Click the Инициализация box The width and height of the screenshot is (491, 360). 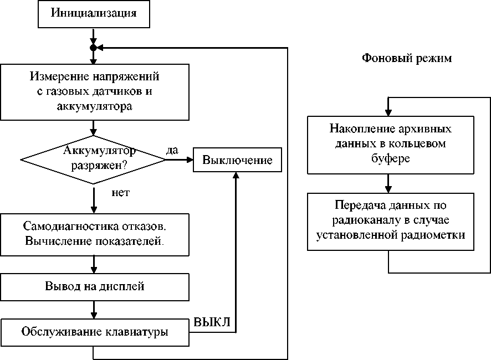click(94, 13)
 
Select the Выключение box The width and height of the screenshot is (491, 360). click(237, 160)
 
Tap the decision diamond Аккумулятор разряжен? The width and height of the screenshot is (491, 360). click(93, 160)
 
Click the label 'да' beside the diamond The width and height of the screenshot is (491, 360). click(172, 150)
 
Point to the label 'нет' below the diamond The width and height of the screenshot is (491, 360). click(121, 193)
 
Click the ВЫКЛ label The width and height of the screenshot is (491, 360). click(212, 322)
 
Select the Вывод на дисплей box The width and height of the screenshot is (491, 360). click(94, 286)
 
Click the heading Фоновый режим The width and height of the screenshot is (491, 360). click(407, 58)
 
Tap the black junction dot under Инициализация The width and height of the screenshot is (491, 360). click(94, 48)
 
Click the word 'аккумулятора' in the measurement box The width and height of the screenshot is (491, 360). click(95, 106)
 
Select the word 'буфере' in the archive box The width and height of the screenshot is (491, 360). click(391, 157)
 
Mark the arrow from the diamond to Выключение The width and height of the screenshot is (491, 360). click(178, 160)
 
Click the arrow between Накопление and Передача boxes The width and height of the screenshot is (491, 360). click(390, 182)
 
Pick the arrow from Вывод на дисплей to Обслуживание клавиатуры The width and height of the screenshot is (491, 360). click(94, 309)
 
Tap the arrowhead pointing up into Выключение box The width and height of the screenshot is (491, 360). click(237, 176)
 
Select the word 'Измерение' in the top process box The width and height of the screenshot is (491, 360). click(54, 75)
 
